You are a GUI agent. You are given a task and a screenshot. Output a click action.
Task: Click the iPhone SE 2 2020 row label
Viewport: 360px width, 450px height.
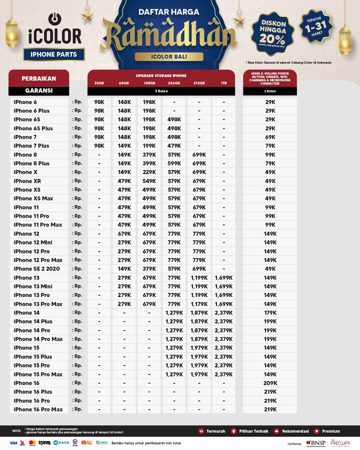(x=37, y=269)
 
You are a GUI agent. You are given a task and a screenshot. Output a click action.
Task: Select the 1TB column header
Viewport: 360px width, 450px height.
(x=224, y=83)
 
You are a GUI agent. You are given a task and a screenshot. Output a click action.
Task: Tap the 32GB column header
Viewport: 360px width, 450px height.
(x=99, y=83)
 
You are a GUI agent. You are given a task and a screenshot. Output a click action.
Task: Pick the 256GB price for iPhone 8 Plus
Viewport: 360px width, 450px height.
(x=174, y=163)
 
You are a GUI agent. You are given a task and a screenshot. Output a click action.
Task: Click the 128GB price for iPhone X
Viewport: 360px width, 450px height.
(x=149, y=172)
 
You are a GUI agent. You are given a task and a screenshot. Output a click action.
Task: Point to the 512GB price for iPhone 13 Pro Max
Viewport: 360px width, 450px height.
(x=199, y=304)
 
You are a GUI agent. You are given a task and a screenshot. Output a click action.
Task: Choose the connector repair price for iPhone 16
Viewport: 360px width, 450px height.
(x=270, y=383)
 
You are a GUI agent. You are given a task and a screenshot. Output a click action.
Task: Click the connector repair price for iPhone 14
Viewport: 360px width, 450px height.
(x=270, y=313)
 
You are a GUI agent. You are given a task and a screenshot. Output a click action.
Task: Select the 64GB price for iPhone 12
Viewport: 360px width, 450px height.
(x=124, y=234)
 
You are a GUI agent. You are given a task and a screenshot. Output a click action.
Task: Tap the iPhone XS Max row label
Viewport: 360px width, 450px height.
(x=33, y=198)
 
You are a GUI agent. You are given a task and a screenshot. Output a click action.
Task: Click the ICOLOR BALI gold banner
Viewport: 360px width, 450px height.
(x=169, y=57)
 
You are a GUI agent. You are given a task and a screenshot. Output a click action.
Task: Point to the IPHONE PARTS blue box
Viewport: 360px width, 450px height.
(x=54, y=54)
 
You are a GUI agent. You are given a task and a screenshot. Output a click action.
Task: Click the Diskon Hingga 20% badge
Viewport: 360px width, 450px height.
(x=273, y=34)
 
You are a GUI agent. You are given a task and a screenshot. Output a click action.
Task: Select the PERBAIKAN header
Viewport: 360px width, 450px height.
(x=39, y=79)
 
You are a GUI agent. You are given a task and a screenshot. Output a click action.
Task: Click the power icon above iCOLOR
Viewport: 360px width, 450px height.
(x=55, y=19)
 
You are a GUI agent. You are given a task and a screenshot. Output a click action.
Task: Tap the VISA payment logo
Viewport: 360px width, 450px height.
(x=13, y=443)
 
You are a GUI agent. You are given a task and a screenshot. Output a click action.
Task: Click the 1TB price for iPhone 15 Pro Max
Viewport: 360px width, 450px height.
(x=224, y=374)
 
